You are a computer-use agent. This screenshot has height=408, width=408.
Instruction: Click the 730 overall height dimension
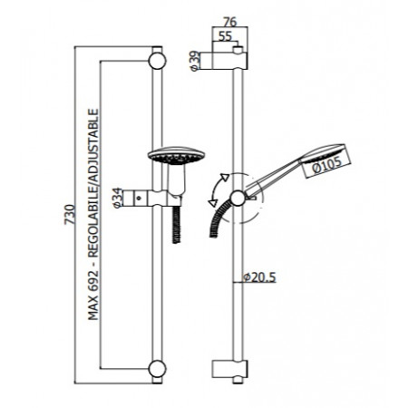pos(70,214)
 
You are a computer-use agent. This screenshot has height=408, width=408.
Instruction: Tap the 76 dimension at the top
pos(230,22)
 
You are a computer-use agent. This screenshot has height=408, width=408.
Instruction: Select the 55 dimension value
pos(225,36)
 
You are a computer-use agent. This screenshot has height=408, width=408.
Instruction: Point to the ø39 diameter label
pos(195,61)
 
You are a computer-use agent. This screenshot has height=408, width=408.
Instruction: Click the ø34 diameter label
pos(118,198)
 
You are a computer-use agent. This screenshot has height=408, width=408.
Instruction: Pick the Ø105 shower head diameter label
pos(326,165)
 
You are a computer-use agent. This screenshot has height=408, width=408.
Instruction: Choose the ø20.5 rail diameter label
pos(259,277)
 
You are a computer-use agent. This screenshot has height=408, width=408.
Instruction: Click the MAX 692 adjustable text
pos(93,214)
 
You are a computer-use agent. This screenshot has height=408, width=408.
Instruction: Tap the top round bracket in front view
pos(157,61)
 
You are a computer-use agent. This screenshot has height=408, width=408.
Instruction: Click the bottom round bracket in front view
pos(157,369)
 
